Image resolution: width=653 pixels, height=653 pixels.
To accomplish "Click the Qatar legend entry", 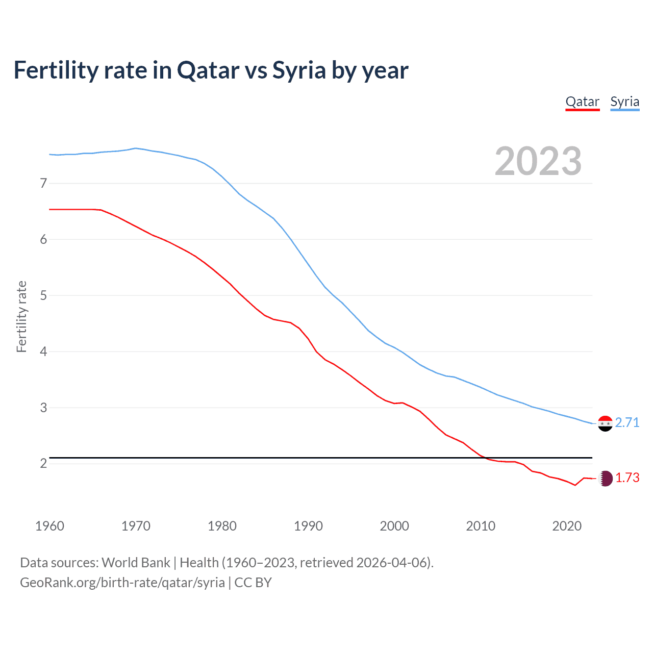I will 582,102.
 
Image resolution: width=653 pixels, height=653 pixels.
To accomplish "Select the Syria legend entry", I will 624,102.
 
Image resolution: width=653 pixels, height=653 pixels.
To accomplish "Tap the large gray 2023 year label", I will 538,161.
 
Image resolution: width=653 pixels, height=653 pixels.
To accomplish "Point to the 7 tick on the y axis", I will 43,183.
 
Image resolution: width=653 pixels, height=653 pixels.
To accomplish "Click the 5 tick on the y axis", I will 43,295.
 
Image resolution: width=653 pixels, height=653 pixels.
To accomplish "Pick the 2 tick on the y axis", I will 43,463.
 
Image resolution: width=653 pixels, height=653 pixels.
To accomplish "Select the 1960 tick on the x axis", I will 49,526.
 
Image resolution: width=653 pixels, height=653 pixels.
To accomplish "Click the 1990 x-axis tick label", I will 308,526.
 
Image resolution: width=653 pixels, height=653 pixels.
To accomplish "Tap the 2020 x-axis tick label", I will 567,526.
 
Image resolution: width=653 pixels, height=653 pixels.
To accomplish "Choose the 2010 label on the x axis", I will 481,526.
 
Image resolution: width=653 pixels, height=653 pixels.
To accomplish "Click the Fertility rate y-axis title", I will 21,316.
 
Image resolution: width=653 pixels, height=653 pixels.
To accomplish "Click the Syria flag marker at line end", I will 605,423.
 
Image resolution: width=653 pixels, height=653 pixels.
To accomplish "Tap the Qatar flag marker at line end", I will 605,478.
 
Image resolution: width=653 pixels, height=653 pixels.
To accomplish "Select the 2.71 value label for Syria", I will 627,422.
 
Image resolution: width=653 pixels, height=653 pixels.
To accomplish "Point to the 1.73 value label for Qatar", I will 627,478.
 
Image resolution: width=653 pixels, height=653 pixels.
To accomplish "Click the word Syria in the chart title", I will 299,70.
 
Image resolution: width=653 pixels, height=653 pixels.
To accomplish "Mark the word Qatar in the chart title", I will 208,70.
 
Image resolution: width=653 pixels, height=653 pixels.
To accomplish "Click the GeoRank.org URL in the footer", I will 122,583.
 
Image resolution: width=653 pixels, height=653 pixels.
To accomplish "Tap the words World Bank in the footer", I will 136,563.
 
